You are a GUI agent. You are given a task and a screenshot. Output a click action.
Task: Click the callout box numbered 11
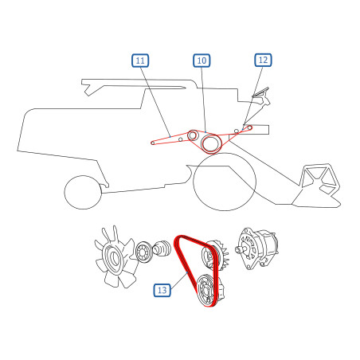click(x=140, y=61)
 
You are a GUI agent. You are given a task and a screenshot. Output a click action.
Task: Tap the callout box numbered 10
click(x=202, y=61)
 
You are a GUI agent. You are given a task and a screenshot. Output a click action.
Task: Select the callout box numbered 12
click(x=263, y=60)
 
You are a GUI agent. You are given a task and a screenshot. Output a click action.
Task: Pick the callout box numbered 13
click(x=162, y=290)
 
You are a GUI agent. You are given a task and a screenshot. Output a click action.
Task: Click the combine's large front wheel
click(x=225, y=182)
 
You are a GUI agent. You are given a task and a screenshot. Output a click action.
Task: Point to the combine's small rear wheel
click(x=83, y=192)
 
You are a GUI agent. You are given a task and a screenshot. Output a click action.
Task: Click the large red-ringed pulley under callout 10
click(x=211, y=143)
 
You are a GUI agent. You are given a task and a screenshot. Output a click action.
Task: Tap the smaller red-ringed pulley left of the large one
click(x=193, y=135)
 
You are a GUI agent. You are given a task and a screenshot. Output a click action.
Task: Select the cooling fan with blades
click(x=115, y=256)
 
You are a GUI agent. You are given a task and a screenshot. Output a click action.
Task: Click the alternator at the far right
click(x=257, y=248)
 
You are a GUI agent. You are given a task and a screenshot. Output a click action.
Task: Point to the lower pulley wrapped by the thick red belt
click(x=206, y=291)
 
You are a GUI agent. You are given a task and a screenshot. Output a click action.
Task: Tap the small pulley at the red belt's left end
click(x=153, y=143)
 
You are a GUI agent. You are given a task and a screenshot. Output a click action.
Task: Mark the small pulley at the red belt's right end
click(x=249, y=128)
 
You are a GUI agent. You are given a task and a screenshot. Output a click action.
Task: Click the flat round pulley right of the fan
click(x=143, y=252)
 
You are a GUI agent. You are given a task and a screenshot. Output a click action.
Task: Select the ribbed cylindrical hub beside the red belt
click(x=162, y=248)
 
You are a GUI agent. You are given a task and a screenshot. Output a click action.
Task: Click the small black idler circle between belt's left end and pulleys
click(x=180, y=139)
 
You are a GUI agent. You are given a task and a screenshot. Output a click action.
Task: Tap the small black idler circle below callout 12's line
click(x=237, y=131)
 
